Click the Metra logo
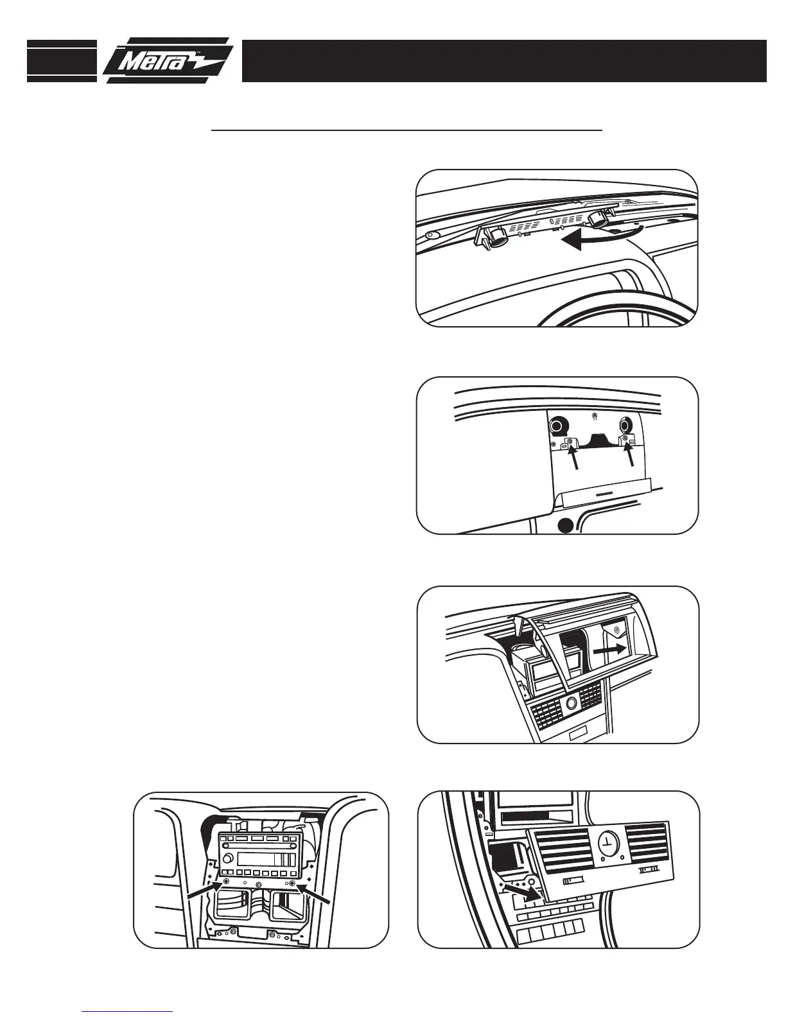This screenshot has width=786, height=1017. (168, 61)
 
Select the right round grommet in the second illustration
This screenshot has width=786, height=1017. (625, 425)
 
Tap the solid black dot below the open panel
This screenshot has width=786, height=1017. (564, 525)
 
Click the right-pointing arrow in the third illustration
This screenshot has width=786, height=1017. (609, 650)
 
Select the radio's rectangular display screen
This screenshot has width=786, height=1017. (266, 860)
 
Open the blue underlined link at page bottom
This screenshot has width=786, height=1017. (128, 1011)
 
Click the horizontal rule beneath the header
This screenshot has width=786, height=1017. (407, 130)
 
